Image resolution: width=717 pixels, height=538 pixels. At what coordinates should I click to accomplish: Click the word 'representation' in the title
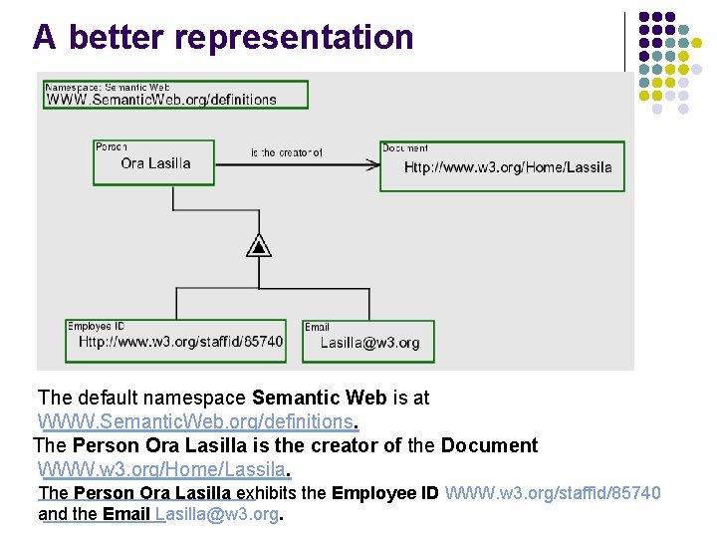click(293, 37)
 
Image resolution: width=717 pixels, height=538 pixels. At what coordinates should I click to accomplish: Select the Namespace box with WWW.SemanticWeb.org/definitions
click(174, 94)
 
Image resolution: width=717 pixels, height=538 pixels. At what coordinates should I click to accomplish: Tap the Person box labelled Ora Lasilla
click(154, 161)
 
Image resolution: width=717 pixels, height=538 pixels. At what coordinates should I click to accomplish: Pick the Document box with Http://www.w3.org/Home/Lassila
click(503, 165)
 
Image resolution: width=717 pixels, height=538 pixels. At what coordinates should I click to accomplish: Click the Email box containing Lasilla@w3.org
click(368, 340)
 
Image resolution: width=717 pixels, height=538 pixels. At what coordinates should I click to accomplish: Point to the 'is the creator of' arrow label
click(287, 152)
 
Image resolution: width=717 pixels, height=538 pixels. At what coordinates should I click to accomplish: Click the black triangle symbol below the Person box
click(258, 245)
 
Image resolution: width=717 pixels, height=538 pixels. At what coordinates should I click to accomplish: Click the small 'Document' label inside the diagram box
click(405, 147)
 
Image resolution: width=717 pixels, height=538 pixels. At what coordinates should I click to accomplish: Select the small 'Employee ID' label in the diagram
click(96, 326)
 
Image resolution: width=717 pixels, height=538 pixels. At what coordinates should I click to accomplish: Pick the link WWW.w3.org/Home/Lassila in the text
click(161, 468)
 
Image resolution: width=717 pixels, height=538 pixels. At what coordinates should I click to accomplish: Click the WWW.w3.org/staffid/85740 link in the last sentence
click(553, 492)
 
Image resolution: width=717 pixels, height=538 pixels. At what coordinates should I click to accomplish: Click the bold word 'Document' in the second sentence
click(489, 445)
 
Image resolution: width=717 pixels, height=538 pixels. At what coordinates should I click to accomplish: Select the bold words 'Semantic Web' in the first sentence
click(320, 398)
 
